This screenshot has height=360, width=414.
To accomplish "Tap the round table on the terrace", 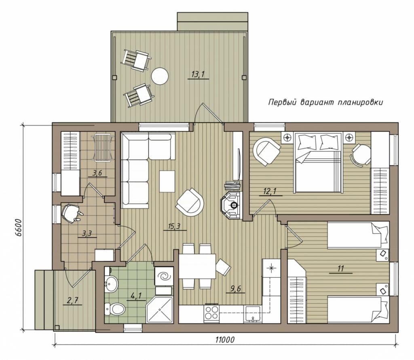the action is tap(160, 76).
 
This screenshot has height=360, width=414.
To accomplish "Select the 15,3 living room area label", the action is tap(174, 226).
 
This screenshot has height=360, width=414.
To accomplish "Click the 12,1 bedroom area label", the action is tap(270, 191).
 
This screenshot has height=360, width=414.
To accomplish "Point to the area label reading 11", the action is tap(340, 269).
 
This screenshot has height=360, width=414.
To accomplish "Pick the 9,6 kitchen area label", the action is tap(236, 288).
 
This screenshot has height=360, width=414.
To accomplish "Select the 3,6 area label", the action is tap(97, 173).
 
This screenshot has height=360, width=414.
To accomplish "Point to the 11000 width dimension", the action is tap(225, 339).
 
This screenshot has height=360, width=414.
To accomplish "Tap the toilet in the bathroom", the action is tap(115, 309).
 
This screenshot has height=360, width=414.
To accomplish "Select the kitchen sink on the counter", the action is tap(253, 314).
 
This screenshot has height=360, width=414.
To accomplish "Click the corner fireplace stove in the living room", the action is tap(232, 205).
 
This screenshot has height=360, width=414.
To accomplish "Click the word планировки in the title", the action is tap(360, 102).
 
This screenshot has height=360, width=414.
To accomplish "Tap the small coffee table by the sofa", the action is tap(167, 181).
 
